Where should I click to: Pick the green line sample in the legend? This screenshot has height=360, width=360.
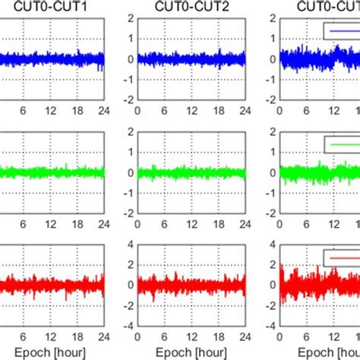pyautogui.click(x=341, y=144)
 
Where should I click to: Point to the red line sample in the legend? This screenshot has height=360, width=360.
pyautogui.click(x=341, y=258)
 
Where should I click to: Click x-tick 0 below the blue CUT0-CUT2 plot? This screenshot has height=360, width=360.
pyautogui.click(x=137, y=109)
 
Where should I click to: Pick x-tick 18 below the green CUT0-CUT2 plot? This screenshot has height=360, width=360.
pyautogui.click(x=219, y=223)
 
